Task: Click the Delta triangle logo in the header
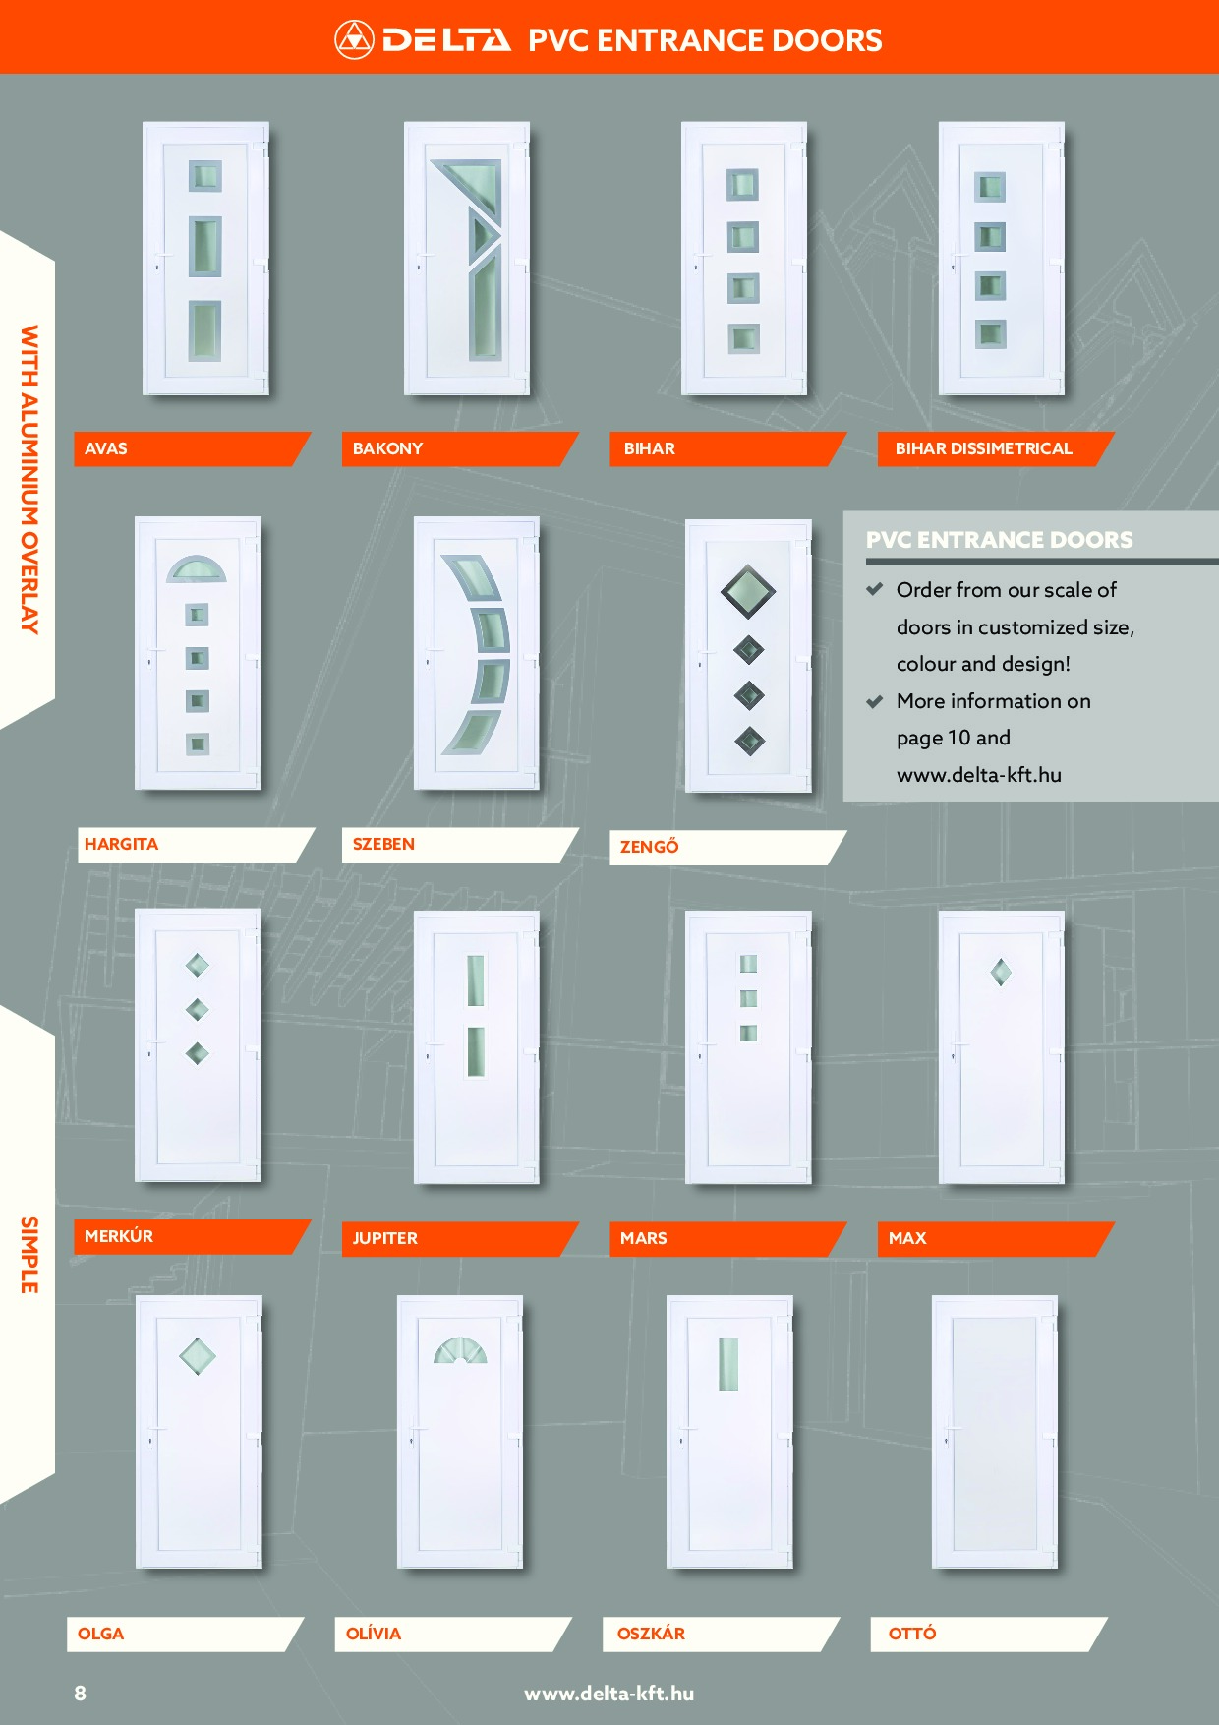click(x=354, y=40)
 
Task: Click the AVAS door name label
click(x=106, y=448)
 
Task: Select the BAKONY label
click(x=387, y=448)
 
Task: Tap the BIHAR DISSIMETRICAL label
click(x=983, y=448)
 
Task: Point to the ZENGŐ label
click(x=649, y=846)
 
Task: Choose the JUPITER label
click(x=385, y=1238)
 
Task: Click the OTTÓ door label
click(x=912, y=1634)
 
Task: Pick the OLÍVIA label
click(x=374, y=1634)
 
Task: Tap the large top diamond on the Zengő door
click(x=748, y=591)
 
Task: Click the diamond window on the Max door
click(x=1001, y=973)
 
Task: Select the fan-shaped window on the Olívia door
click(x=460, y=1350)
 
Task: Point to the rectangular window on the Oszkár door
click(x=728, y=1364)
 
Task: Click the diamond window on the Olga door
click(x=198, y=1356)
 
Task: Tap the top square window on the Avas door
click(x=204, y=176)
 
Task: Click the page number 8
click(x=81, y=1693)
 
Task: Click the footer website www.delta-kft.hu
click(x=609, y=1694)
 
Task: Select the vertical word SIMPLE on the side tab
click(x=29, y=1255)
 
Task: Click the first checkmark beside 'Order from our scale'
click(x=874, y=589)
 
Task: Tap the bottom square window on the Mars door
click(x=748, y=1033)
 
